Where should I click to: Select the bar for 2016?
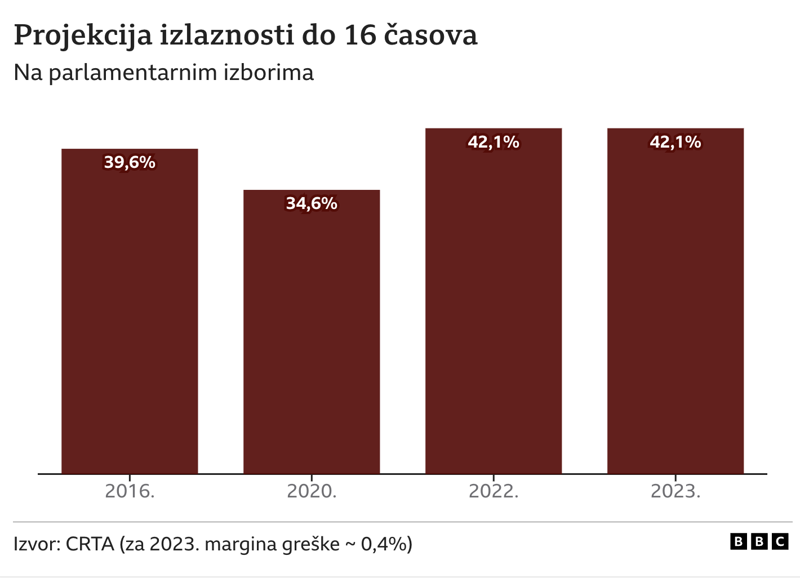130,315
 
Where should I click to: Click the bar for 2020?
312,338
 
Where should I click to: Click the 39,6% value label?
130,162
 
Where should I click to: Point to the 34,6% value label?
312,203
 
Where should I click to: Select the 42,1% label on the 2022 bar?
494,142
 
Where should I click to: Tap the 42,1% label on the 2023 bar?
675,142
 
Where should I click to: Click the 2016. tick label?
130,491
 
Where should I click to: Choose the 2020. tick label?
312,491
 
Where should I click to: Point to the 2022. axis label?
494,491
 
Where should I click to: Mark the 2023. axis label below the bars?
675,491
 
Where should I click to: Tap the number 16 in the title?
360,35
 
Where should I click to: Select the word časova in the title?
431,35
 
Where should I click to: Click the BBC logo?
759,542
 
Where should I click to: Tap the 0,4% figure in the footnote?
385,544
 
